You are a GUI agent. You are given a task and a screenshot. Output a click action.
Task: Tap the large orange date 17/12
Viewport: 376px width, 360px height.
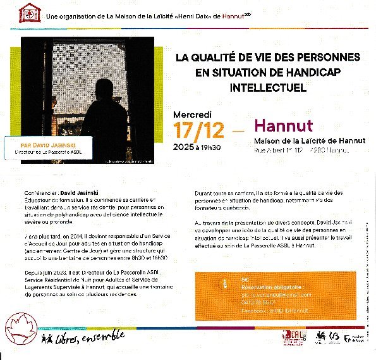[199, 131]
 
